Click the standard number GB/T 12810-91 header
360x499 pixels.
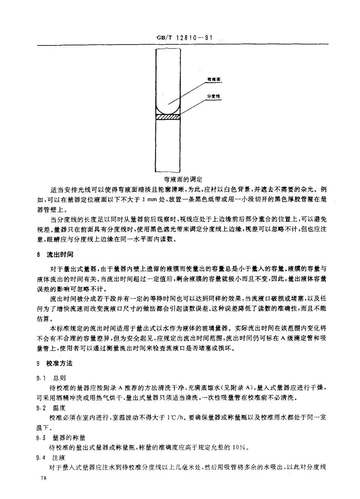point(184,38)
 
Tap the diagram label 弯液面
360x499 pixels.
point(214,80)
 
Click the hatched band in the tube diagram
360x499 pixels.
point(168,117)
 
